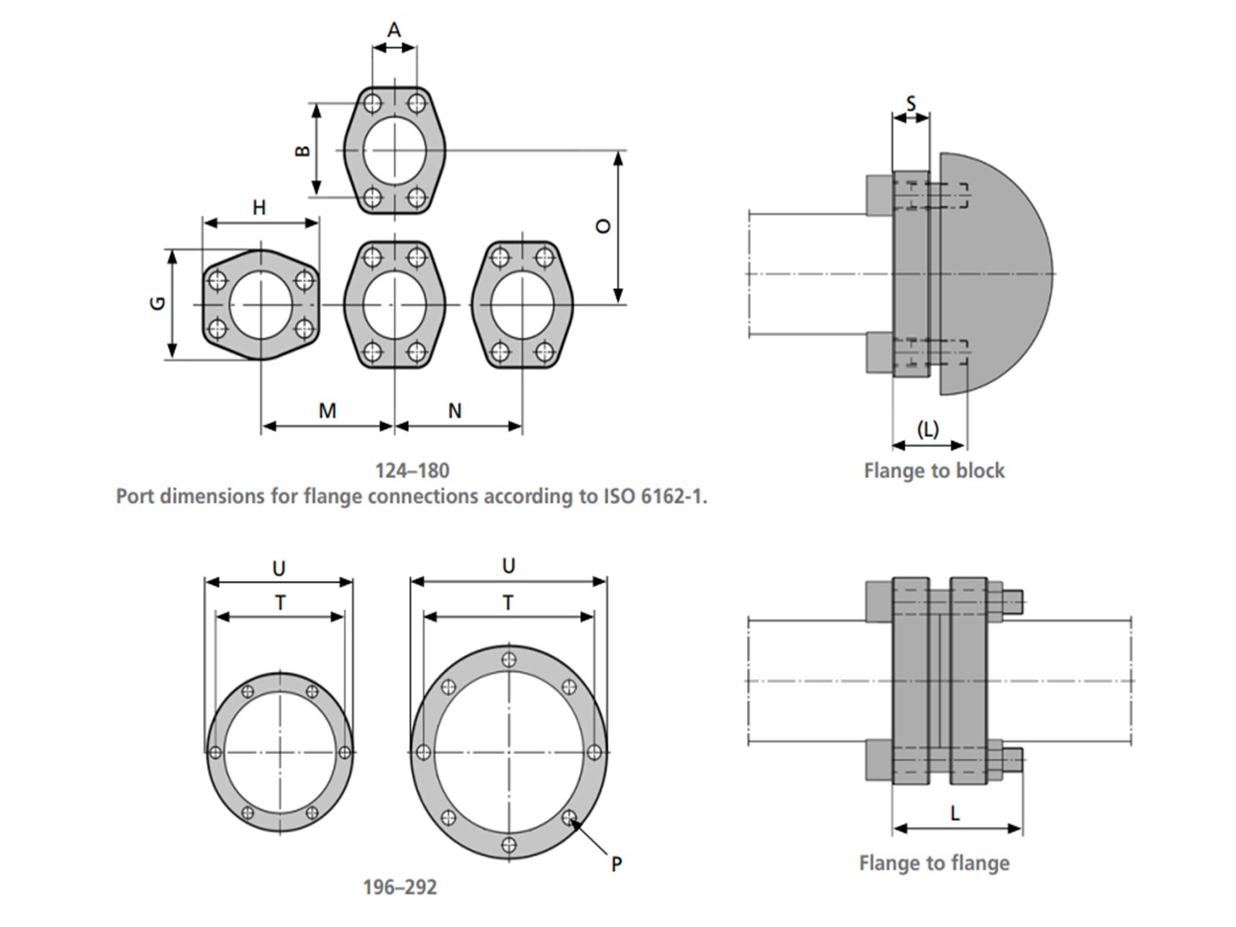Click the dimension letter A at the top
pos(394,30)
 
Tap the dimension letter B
pos(303,150)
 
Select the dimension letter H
pos(260,207)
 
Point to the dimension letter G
pos(158,303)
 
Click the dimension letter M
pos(328,411)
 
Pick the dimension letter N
pos(455,411)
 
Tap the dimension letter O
pos(603,226)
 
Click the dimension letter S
pos(911,103)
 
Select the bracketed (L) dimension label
pos(927,429)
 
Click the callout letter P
pos(616,864)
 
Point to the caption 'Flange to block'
pos(934,470)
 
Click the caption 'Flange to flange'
pos(934,863)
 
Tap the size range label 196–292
pos(399,887)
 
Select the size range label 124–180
pos(412,470)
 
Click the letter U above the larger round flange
pos(508,566)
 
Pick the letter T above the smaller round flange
pos(280,603)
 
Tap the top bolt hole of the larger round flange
pos(508,660)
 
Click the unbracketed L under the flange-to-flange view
pos(956,813)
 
